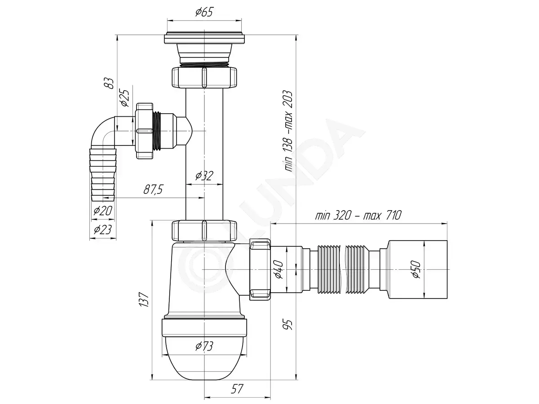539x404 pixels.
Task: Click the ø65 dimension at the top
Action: click(x=204, y=12)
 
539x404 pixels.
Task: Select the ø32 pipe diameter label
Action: click(x=204, y=176)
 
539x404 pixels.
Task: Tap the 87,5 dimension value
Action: click(x=153, y=189)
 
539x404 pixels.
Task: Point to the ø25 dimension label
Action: click(x=125, y=98)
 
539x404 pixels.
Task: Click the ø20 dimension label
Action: click(x=103, y=211)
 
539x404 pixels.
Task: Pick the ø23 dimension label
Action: click(x=103, y=229)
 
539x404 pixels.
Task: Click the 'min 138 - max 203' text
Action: click(x=288, y=131)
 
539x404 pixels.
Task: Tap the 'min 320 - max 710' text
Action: click(x=358, y=215)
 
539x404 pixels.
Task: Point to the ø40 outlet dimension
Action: click(x=279, y=270)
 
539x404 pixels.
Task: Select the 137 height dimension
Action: click(x=144, y=299)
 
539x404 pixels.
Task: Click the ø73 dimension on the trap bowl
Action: click(x=204, y=346)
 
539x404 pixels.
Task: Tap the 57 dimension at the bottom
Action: click(x=237, y=389)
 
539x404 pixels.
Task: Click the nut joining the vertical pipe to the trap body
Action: click(x=204, y=231)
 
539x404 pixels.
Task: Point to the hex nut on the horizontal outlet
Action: click(x=260, y=269)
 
